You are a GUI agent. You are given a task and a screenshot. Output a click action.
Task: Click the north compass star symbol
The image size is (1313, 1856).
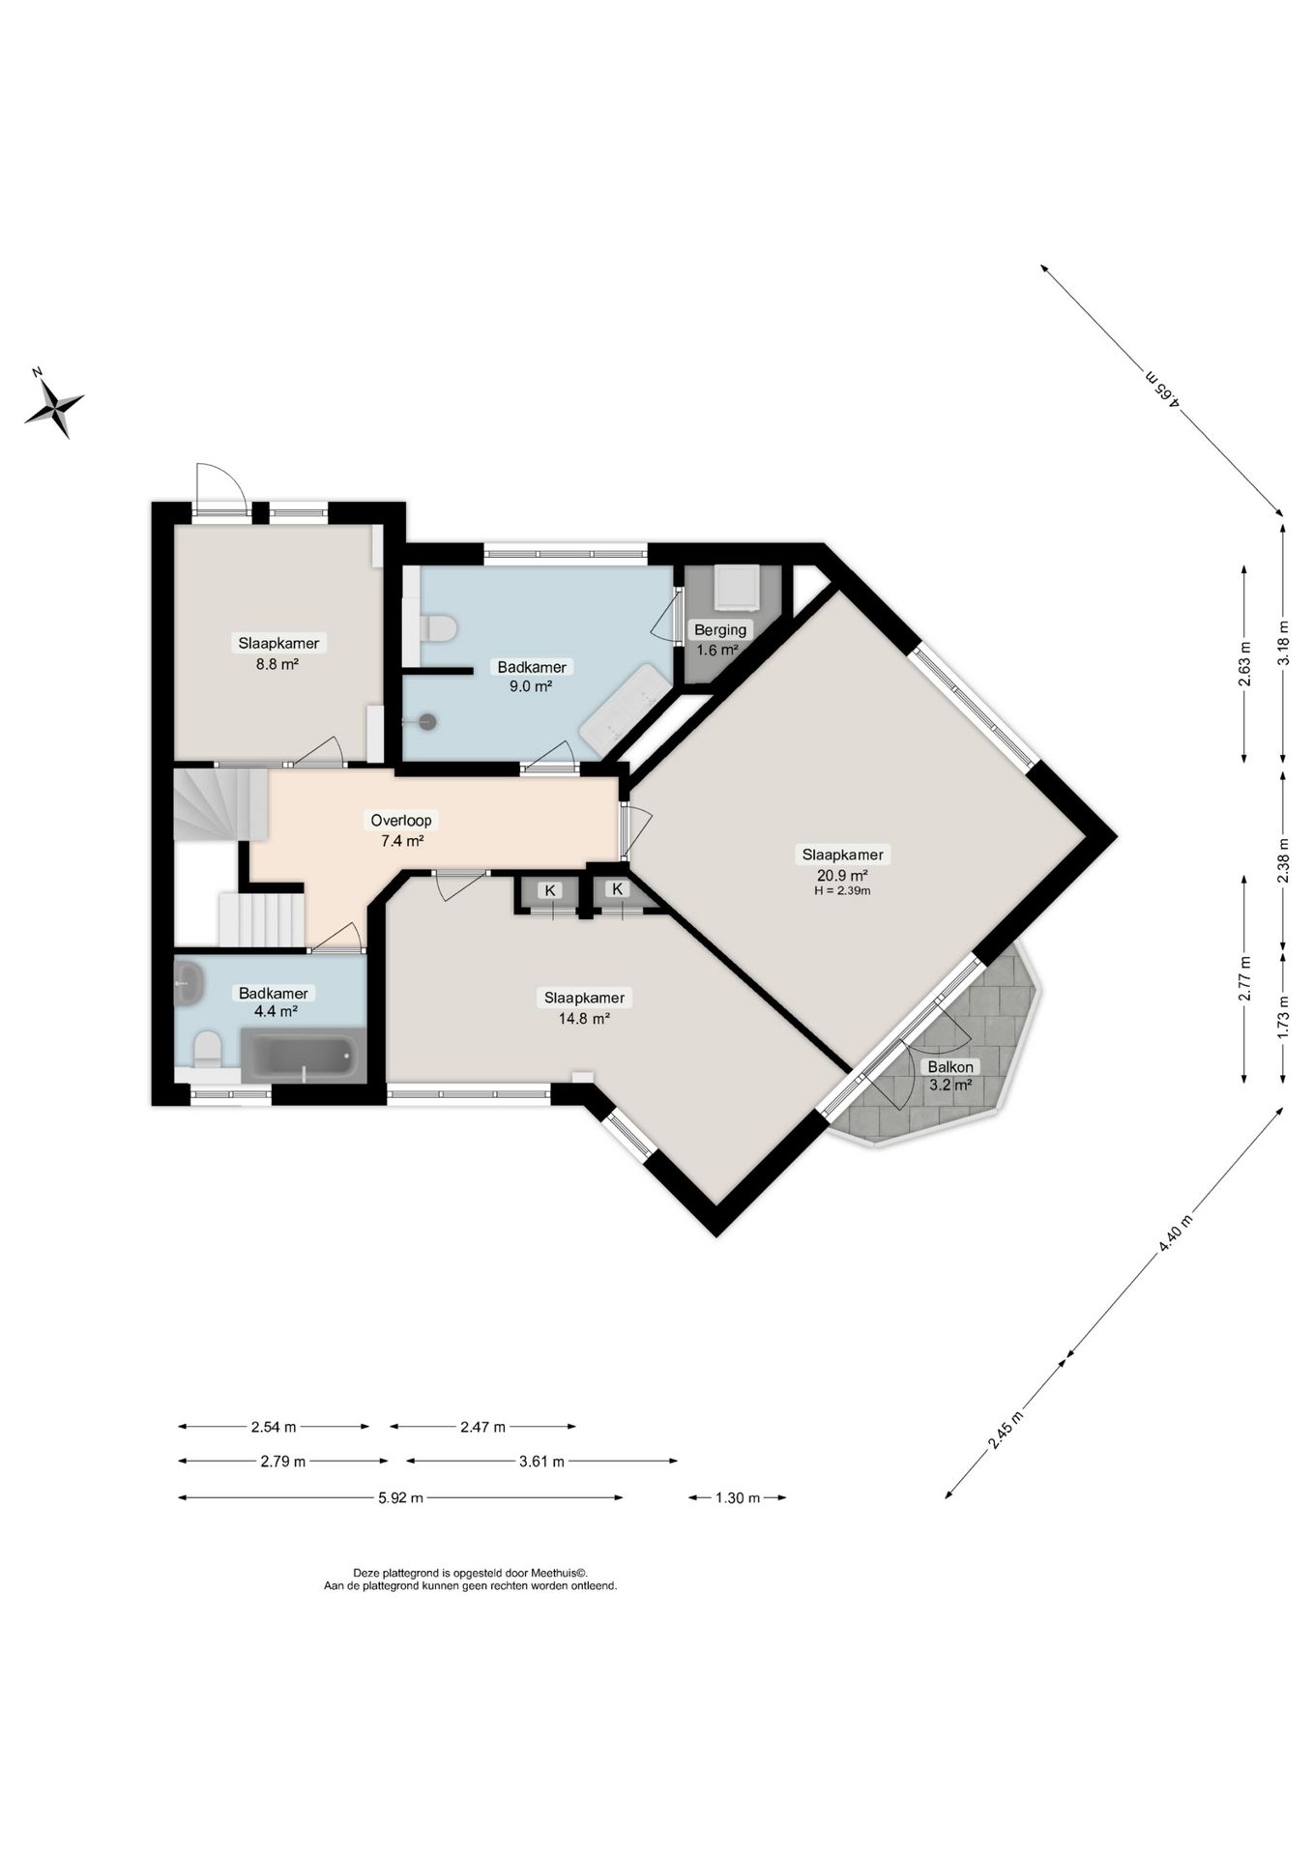(54, 407)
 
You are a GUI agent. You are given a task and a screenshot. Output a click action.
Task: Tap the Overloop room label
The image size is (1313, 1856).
(402, 821)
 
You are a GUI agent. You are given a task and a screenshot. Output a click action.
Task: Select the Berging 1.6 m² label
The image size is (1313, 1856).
(720, 640)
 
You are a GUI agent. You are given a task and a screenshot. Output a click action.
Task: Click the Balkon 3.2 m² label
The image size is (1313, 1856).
(950, 1076)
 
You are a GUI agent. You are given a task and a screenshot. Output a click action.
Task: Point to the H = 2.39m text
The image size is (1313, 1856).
(842, 890)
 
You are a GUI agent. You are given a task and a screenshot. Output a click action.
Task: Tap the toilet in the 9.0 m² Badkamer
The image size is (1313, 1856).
(437, 628)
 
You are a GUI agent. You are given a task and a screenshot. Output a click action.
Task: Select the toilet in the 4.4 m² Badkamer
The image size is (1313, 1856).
(207, 1048)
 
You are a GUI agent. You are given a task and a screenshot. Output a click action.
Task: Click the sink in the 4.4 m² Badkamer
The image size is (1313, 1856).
(190, 984)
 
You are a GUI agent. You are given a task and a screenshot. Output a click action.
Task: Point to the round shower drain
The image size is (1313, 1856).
(426, 720)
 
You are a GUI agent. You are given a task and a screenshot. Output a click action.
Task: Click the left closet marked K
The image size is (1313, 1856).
(549, 894)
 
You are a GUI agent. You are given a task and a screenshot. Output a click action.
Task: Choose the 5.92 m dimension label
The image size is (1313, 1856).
(400, 1498)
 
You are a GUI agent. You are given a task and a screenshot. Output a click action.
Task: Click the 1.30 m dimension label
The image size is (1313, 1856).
(737, 1498)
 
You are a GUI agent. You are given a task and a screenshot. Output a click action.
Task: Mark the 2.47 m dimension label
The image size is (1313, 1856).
(482, 1427)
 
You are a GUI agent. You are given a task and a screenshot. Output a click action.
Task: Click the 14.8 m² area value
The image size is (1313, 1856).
(583, 1018)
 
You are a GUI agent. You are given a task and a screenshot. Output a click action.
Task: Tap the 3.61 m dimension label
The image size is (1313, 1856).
(541, 1462)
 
